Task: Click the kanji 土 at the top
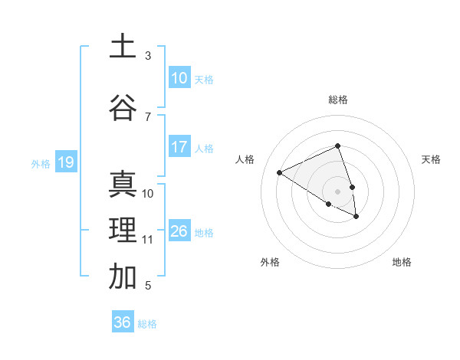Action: coord(123,46)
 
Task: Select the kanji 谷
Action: coord(123,107)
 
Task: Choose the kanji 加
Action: coord(123,277)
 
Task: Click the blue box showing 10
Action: coord(179,78)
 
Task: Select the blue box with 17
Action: coord(179,147)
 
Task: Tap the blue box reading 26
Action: coord(179,231)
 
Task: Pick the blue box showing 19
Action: coord(65,162)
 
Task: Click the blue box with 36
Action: coord(123,322)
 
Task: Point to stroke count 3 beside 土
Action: coord(148,56)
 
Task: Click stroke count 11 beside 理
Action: coord(147,240)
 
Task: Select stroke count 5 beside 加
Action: coord(148,286)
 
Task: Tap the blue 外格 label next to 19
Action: coord(40,163)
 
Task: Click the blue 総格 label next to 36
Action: coord(147,324)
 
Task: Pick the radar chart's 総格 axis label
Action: coord(338,100)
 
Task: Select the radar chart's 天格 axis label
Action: coord(432,159)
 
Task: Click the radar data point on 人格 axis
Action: coord(280,172)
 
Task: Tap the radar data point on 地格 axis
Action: coord(356,217)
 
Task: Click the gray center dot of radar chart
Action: coord(337,191)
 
